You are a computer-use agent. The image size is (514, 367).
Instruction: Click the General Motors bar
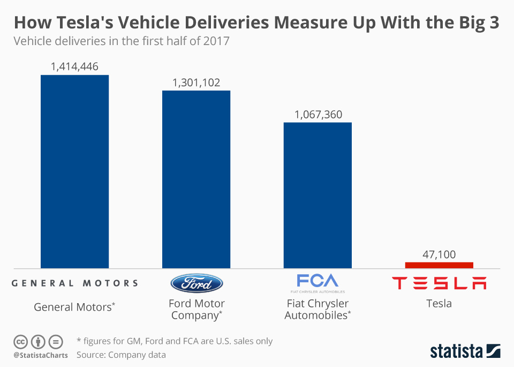click(x=74, y=172)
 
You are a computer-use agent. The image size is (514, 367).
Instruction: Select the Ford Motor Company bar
click(x=196, y=179)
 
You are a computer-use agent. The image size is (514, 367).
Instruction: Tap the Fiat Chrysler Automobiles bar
click(x=318, y=195)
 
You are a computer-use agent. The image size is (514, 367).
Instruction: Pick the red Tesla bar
click(x=439, y=265)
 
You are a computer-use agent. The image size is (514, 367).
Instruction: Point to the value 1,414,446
click(x=74, y=67)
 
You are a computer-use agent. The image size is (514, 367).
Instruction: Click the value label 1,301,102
click(x=196, y=83)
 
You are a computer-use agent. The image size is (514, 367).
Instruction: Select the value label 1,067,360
click(x=318, y=115)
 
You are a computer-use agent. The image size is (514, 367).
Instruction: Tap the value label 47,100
click(x=439, y=254)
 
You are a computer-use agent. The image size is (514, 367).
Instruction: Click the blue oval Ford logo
click(x=196, y=283)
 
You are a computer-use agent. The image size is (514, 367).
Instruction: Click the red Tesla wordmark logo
click(x=439, y=283)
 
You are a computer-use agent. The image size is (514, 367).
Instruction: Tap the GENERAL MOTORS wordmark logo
click(x=74, y=283)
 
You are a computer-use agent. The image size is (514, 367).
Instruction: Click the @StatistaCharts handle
click(x=41, y=355)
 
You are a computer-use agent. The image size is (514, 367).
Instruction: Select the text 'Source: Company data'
click(x=121, y=355)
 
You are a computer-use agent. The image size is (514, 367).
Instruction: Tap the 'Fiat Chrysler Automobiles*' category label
click(x=318, y=310)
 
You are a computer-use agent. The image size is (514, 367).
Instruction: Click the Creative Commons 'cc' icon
click(x=21, y=341)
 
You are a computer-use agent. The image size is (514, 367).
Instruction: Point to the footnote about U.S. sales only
click(x=175, y=341)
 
